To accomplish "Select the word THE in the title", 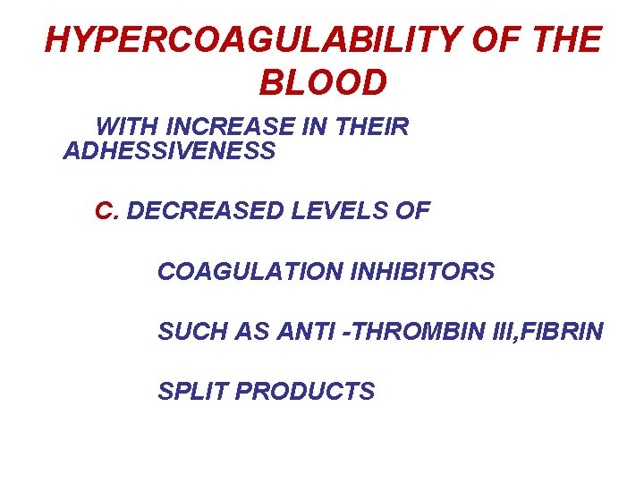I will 565,40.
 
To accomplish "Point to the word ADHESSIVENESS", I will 170,151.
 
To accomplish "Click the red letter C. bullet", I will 107,211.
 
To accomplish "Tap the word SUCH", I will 187,332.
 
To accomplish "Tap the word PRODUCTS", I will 305,392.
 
